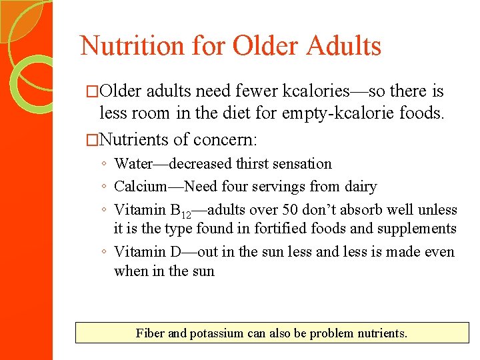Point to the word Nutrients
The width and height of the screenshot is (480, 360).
pos(134,139)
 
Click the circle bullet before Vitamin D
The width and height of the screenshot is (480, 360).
pos(105,253)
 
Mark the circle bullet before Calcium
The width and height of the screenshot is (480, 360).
pos(105,187)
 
